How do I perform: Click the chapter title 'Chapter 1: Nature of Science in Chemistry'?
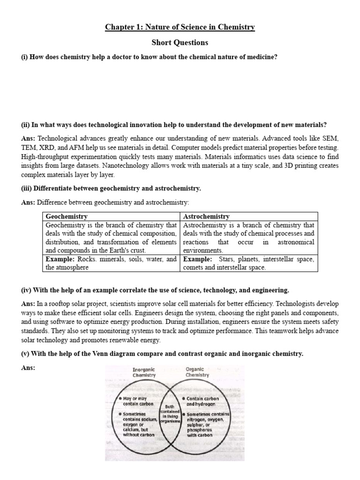tap(180, 27)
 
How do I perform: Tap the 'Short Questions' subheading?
tap(180, 42)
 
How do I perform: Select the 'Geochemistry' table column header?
tap(67, 217)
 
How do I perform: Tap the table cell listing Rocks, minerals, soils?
tap(111, 263)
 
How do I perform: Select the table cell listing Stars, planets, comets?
tap(248, 263)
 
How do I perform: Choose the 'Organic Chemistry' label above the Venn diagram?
tap(197, 372)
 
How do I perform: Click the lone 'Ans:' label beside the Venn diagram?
tap(28, 368)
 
